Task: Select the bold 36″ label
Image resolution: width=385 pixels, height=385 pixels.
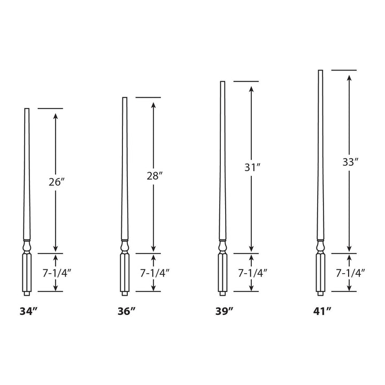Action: (126, 311)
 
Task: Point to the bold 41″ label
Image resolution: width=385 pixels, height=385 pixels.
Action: (322, 311)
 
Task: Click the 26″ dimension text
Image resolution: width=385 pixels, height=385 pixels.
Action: (57, 182)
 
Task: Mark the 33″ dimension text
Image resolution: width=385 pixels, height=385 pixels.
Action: (349, 163)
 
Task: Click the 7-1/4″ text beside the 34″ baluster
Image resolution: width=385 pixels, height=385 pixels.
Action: (57, 272)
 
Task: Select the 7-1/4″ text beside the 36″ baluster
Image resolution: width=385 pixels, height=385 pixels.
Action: (155, 272)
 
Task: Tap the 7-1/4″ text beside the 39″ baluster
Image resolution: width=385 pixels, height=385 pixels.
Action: (252, 272)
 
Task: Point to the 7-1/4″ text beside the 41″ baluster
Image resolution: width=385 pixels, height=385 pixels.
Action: (350, 272)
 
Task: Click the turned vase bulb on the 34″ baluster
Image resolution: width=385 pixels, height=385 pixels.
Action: (27, 247)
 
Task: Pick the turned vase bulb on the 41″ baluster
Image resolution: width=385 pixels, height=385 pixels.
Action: (320, 247)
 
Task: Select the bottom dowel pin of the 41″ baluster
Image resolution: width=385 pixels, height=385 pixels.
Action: (320, 294)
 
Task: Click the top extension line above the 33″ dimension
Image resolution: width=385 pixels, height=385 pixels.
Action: (344, 70)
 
